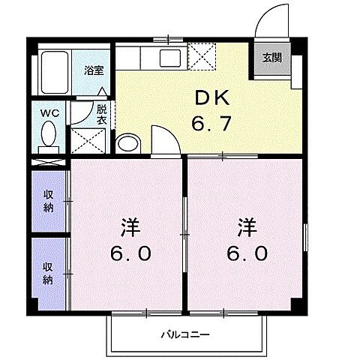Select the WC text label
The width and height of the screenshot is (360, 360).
coord(49,114)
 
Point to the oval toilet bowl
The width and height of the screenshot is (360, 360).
coord(50,136)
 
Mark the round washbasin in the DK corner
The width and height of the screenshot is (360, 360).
coord(128,142)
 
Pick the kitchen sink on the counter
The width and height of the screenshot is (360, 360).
coord(166,55)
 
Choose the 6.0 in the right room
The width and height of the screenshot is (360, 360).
coord(247,253)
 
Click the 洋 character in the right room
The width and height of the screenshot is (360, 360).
coord(247,226)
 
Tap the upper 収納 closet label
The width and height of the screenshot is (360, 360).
coord(48,201)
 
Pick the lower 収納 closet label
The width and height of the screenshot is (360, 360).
coord(48,273)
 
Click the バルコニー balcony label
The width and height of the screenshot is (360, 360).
coord(184,334)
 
